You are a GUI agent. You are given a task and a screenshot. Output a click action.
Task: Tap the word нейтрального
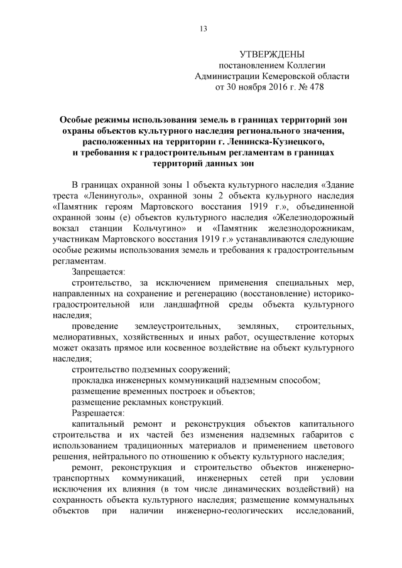pos(119,458)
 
